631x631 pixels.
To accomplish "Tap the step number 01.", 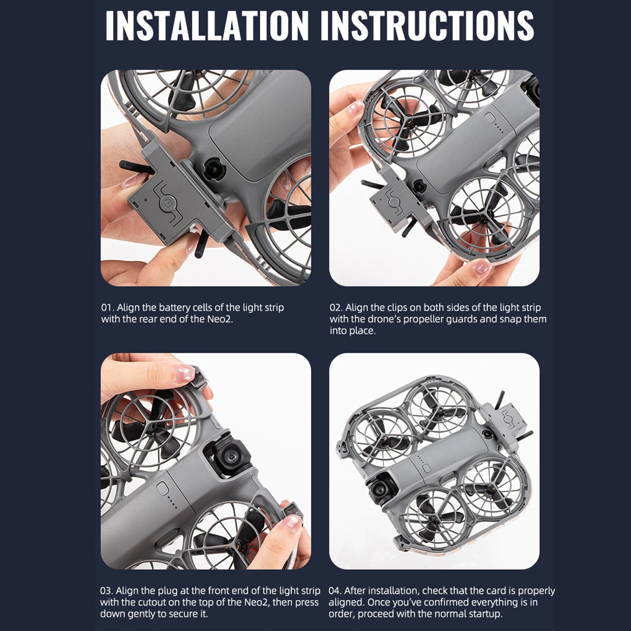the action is click(107, 308).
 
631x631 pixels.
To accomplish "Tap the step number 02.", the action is click(336, 308).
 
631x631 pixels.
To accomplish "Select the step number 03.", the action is click(106, 591).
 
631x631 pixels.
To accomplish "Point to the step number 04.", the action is click(335, 591).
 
